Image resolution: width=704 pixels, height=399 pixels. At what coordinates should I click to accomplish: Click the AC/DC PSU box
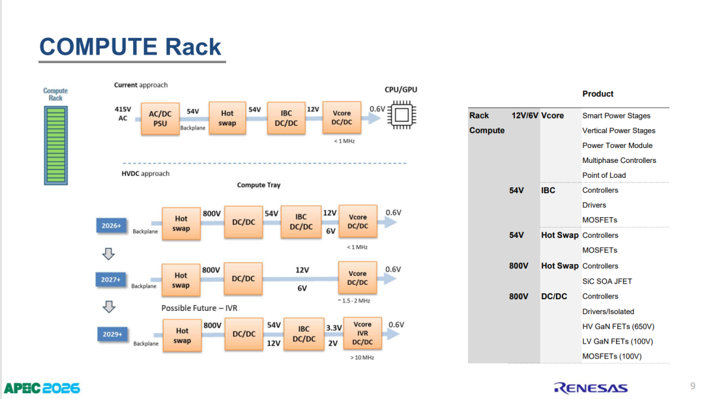point(160,119)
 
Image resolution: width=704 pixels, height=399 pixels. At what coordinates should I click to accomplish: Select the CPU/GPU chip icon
point(402,115)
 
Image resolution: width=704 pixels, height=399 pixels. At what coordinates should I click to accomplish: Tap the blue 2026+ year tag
point(111,226)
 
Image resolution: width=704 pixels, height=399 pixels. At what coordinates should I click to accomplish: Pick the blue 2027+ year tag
point(110,280)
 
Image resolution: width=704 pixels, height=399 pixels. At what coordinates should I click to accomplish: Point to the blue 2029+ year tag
point(112,334)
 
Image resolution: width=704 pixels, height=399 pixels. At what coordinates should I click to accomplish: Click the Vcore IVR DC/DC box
point(362,333)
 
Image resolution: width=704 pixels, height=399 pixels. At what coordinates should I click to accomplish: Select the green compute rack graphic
point(55,145)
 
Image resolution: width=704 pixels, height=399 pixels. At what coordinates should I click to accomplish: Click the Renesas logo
point(591,388)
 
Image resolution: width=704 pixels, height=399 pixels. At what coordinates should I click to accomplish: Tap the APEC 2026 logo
point(42,388)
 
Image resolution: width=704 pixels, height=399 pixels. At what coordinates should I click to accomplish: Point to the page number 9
point(693,386)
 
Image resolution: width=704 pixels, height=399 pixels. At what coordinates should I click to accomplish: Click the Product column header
point(598,94)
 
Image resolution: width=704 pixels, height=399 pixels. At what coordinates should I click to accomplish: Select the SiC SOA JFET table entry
point(607,282)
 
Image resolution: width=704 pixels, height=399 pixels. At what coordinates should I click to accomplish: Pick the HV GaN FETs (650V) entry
point(618,326)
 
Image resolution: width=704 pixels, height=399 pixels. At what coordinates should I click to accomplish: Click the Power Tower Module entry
point(617,145)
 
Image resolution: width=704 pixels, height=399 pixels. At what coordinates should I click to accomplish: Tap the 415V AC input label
point(123,113)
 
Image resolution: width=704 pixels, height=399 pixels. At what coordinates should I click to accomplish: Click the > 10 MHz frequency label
point(362,358)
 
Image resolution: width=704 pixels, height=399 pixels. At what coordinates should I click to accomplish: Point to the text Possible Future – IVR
point(199,308)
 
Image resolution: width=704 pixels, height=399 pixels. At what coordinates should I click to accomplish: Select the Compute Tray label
point(259,185)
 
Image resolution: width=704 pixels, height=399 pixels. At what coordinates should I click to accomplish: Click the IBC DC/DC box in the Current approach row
point(286,117)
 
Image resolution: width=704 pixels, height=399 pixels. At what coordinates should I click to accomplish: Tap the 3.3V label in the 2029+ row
point(334,328)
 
